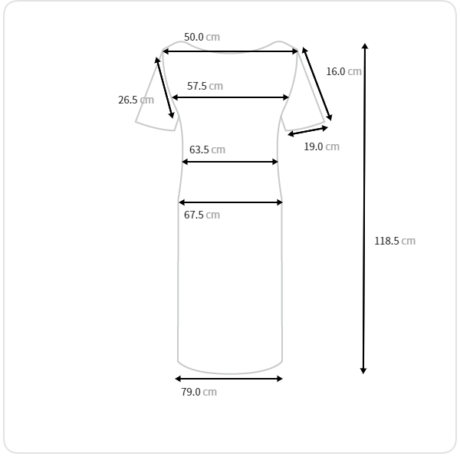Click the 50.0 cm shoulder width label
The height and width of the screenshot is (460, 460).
point(202,37)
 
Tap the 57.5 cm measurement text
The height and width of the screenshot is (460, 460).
point(205,86)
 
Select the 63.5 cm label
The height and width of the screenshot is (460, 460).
point(207,149)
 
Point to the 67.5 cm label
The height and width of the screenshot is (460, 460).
point(202,215)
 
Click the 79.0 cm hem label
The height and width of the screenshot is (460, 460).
point(199,392)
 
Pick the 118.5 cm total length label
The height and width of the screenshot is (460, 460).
point(395,241)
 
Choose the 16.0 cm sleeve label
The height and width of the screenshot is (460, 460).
point(343,71)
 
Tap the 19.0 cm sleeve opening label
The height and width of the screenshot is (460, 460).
point(321,146)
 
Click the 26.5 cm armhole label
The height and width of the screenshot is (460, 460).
point(136,100)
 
